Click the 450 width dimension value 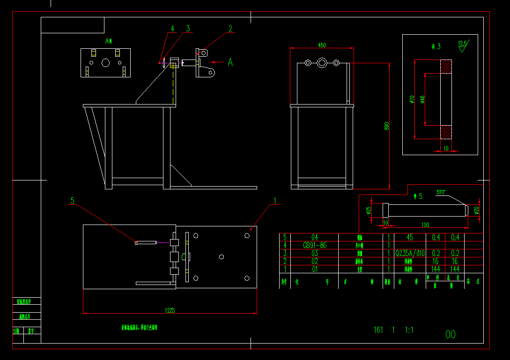coord(322,45)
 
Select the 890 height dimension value coord(387,127)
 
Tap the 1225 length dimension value coord(170,310)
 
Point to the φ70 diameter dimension coord(412,99)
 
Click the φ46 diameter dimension coord(422,99)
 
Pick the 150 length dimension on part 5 coord(425,225)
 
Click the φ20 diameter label coord(477,210)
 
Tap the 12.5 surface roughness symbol coord(463,45)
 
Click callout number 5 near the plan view coord(73,201)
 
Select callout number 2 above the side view coord(230,29)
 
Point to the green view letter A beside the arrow coord(230,62)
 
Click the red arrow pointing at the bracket coord(217,62)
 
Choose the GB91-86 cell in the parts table coord(315,245)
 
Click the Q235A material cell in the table coord(410,253)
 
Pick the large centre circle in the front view coord(321,63)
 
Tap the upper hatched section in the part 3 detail coord(445,66)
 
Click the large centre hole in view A coord(105,62)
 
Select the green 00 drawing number coord(450,334)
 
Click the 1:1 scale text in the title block coord(409,330)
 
